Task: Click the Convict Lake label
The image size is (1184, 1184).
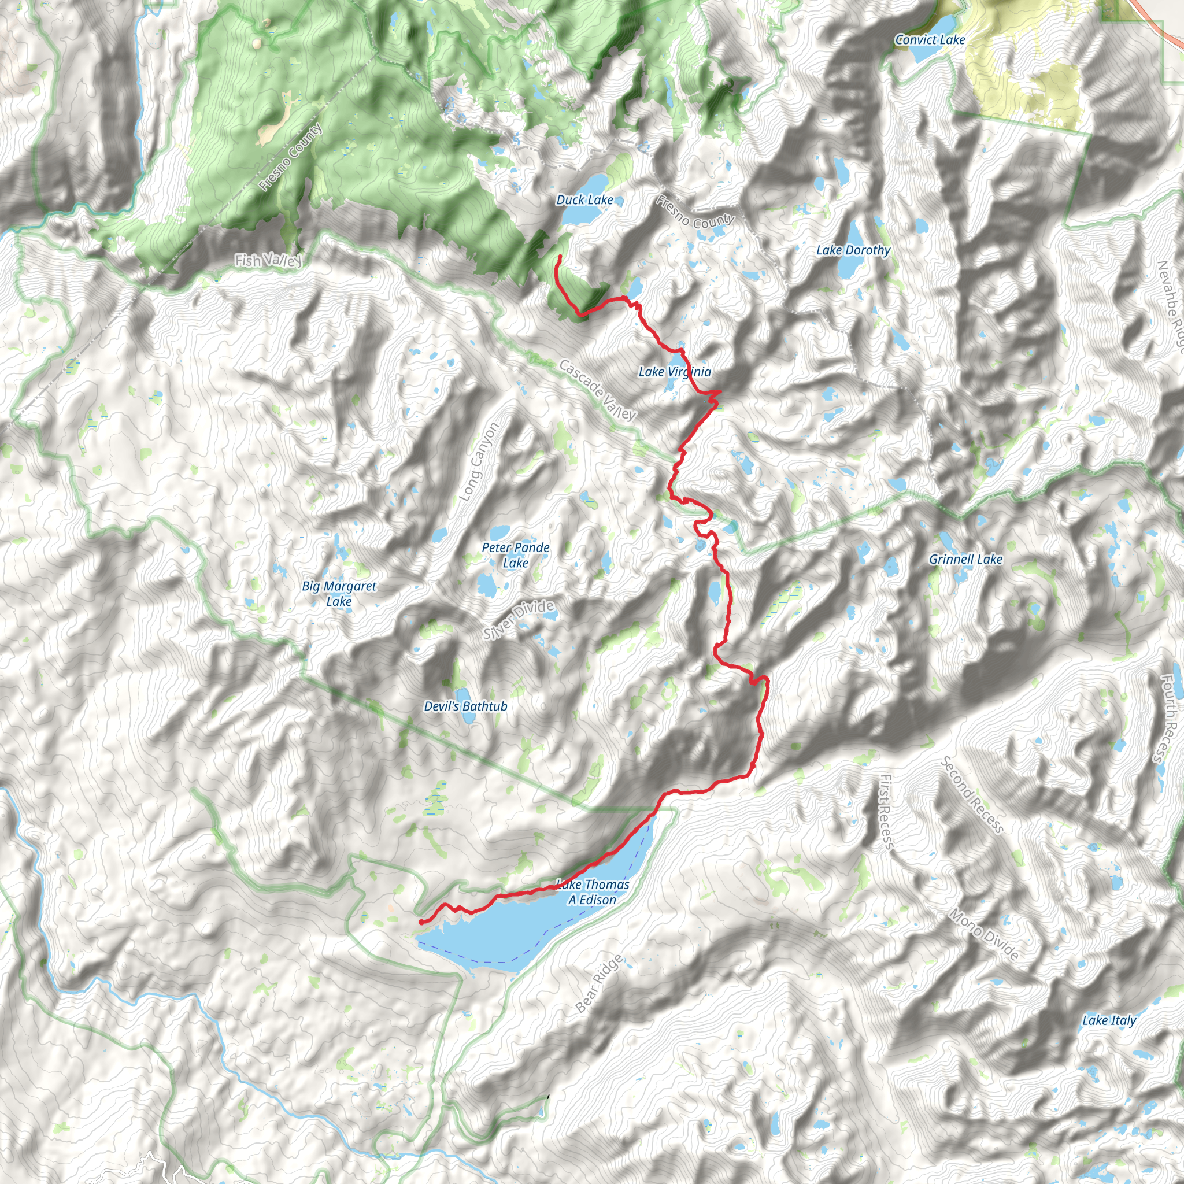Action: [930, 40]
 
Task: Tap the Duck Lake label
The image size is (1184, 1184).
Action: [584, 200]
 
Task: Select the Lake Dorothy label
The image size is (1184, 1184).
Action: [853, 250]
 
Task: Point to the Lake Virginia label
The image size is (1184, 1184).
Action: [675, 371]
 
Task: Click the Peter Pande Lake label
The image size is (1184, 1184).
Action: [515, 554]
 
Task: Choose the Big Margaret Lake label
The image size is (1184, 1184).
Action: [339, 593]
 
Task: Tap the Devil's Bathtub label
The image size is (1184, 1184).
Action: [466, 706]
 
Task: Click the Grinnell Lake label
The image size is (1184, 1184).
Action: [966, 559]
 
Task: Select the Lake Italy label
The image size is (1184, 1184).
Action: [1109, 1020]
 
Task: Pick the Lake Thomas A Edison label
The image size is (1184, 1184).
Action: [592, 891]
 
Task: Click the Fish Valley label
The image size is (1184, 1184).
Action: [268, 261]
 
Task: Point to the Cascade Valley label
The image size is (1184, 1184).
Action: [598, 390]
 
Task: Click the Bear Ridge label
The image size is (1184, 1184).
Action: [600, 983]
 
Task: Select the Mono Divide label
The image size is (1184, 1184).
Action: [985, 935]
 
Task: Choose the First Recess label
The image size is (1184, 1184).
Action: [886, 812]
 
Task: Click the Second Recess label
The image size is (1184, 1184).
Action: [972, 795]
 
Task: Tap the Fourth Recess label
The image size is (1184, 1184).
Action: [1170, 717]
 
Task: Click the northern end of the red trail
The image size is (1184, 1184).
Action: [559, 257]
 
